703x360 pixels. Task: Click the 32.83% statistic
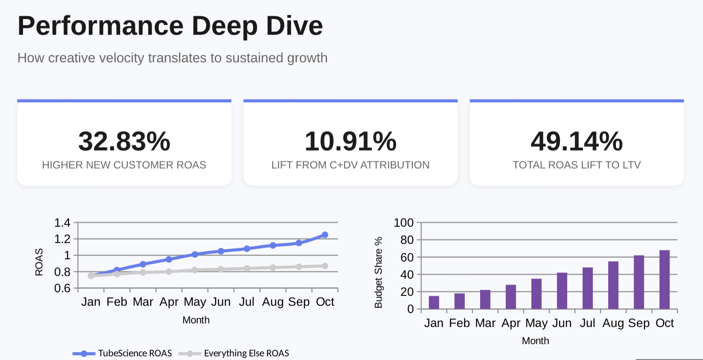tap(124, 142)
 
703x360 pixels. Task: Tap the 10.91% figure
tap(351, 142)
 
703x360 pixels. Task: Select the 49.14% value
tap(577, 142)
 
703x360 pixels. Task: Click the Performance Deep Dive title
tap(170, 26)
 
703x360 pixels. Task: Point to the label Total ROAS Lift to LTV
tap(577, 165)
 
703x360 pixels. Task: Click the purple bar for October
tap(664, 280)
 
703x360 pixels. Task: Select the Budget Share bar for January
tap(434, 302)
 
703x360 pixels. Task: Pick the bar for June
tap(562, 291)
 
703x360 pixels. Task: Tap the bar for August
tap(613, 285)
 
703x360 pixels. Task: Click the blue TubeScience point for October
tap(325, 235)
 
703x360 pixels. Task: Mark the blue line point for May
tap(195, 254)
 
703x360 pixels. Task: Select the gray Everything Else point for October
tap(325, 266)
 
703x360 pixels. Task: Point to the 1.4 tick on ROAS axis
tap(62, 222)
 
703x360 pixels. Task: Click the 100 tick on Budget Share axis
tap(403, 222)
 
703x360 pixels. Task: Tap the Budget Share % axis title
tap(379, 272)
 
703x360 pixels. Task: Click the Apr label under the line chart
tap(169, 302)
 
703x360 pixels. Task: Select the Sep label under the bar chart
tap(638, 323)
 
